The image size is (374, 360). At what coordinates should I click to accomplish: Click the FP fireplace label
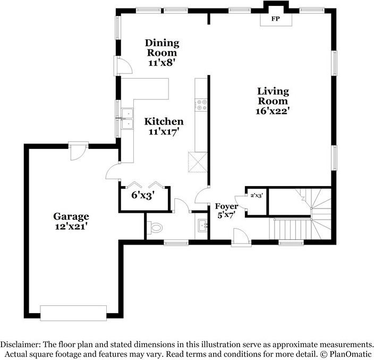(x=276, y=19)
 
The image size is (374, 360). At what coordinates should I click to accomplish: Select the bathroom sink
(x=202, y=225)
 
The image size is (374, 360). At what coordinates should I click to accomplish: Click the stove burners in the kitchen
(x=201, y=105)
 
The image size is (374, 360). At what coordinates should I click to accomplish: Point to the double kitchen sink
(x=127, y=119)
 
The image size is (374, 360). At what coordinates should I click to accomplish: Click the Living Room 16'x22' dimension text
(x=273, y=111)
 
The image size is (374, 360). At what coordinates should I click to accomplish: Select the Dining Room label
(x=162, y=48)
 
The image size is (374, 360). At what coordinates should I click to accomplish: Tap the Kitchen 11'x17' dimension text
(x=164, y=131)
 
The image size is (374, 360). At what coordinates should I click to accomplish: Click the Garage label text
(x=71, y=216)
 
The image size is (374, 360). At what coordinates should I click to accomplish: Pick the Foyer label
(x=226, y=206)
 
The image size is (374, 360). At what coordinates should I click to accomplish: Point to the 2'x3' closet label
(x=257, y=196)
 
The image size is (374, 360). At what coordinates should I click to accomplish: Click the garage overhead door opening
(x=73, y=313)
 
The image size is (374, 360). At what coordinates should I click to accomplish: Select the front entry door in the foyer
(x=241, y=237)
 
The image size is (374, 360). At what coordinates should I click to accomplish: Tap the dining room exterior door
(x=123, y=65)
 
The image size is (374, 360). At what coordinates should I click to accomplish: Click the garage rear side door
(x=78, y=151)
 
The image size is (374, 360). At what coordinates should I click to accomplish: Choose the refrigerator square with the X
(x=198, y=162)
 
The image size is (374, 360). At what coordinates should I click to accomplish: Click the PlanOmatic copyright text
(x=346, y=354)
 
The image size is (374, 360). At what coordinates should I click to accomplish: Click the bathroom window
(x=176, y=243)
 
